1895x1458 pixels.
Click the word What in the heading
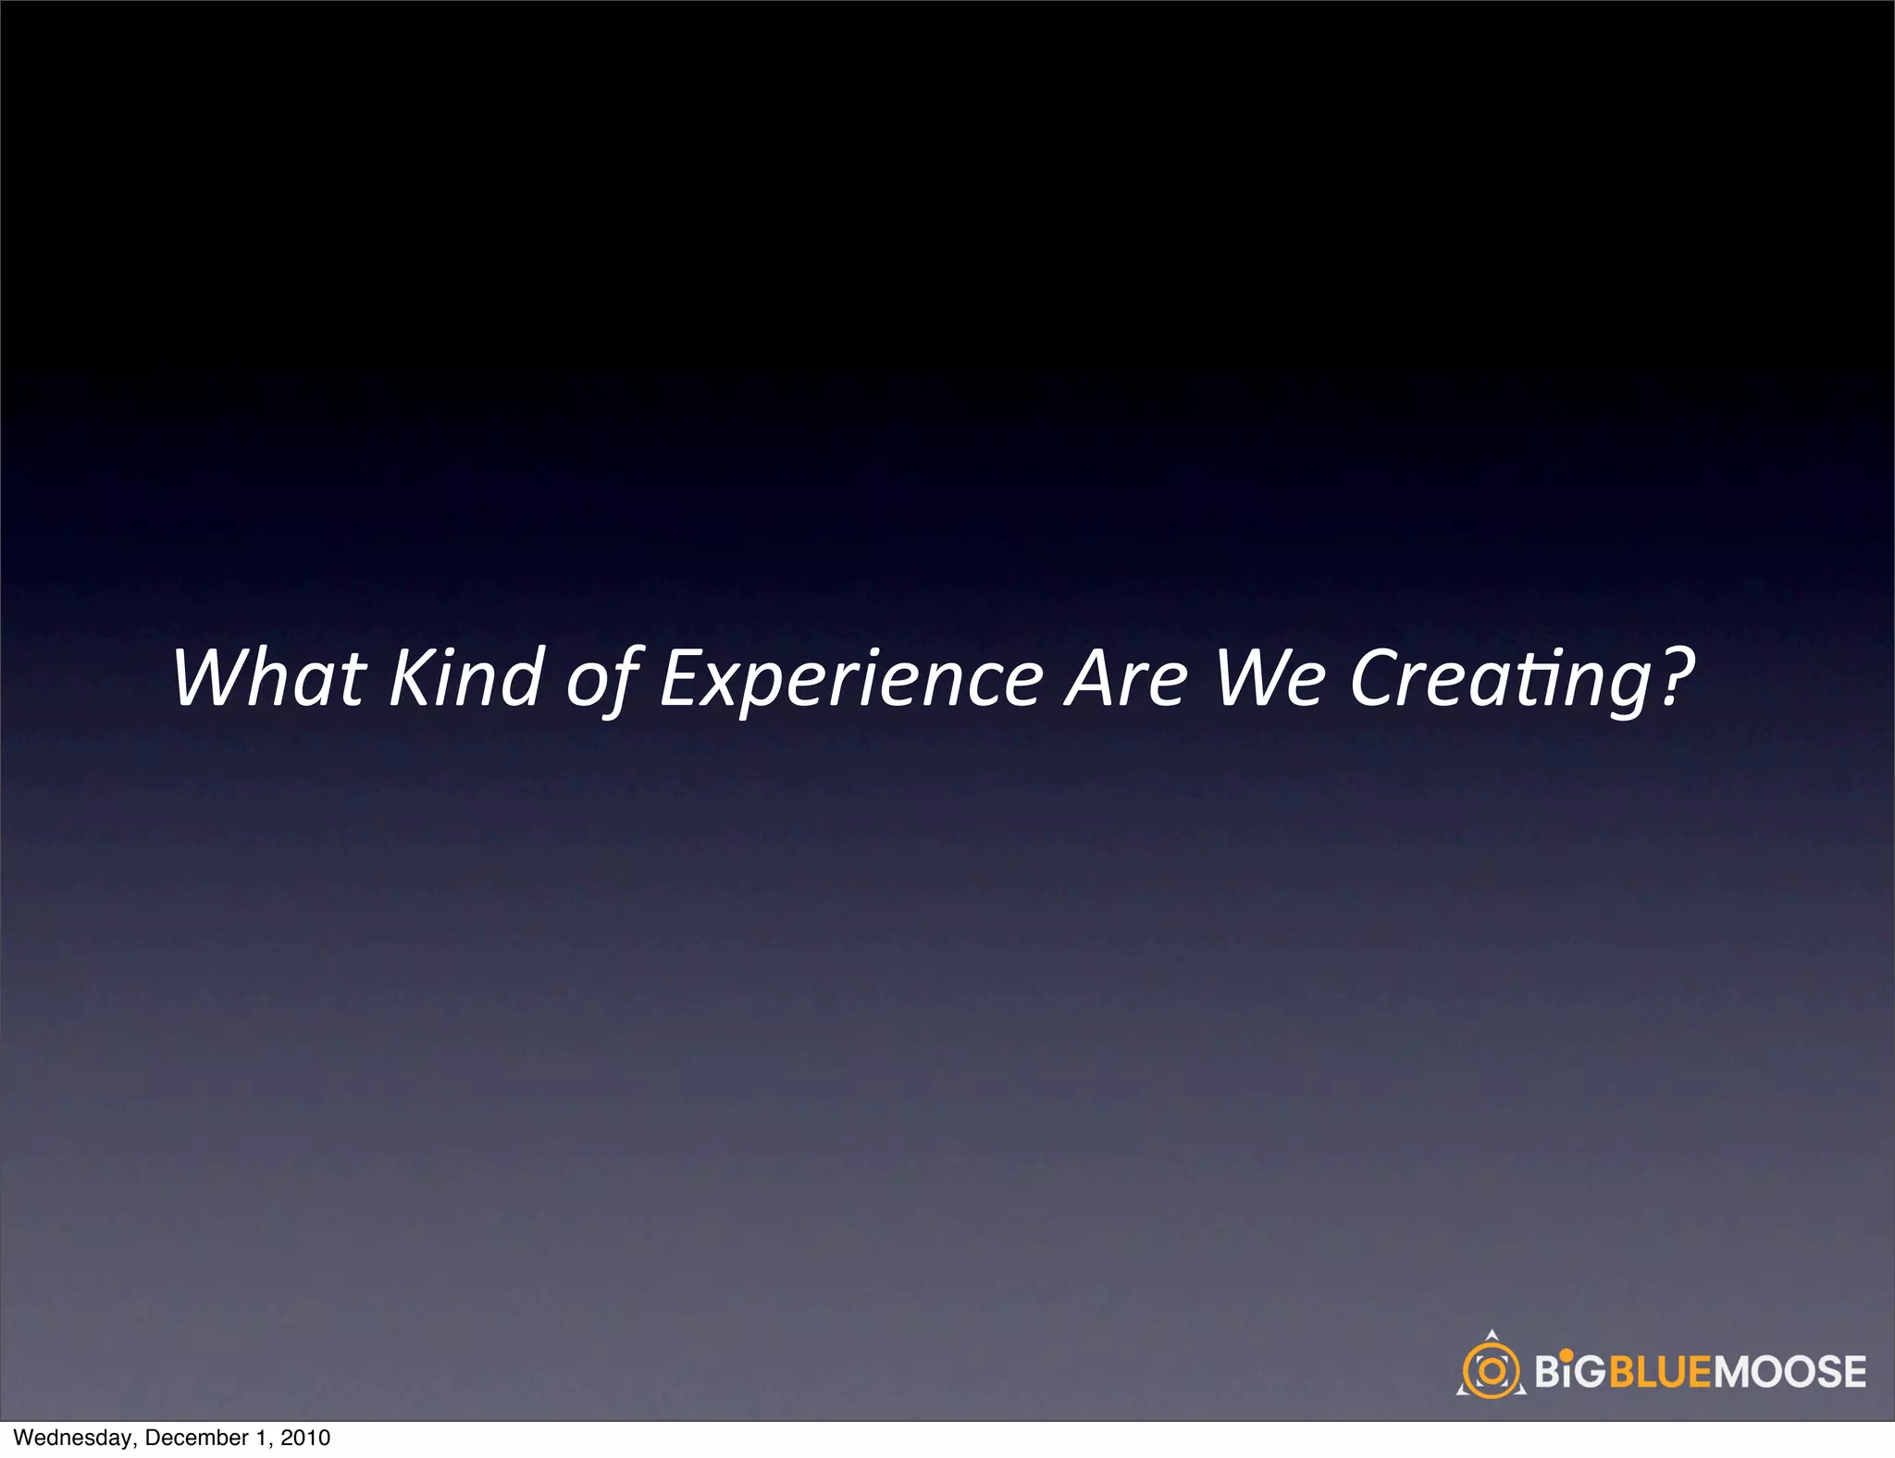(268, 678)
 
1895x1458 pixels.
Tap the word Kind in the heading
(464, 678)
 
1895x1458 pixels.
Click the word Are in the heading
(1126, 678)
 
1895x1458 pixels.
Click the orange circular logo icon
(1492, 1370)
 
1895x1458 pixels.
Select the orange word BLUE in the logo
(1662, 1371)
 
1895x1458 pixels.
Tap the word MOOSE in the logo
(1790, 1371)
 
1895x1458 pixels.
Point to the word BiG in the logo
(1570, 1371)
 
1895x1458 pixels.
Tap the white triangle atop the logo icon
(1491, 1336)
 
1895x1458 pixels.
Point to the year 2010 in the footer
(305, 1438)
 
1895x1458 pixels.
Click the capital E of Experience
(681, 678)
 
